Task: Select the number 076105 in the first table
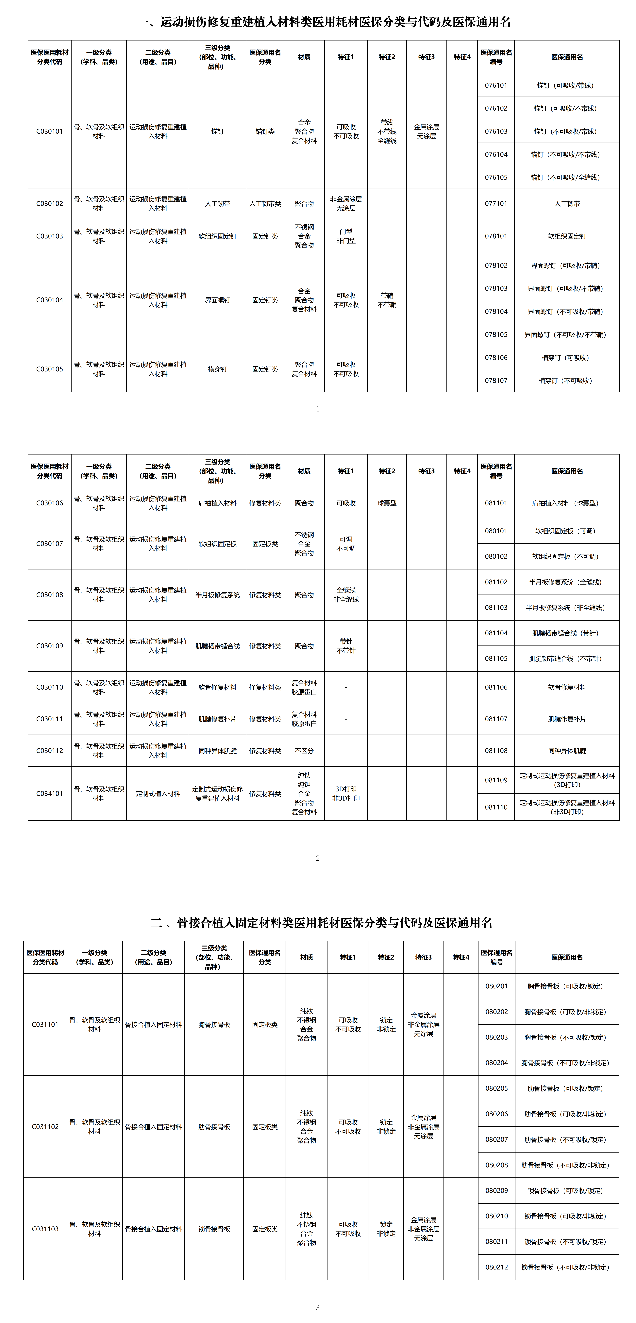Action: (x=496, y=177)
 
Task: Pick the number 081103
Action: (x=496, y=608)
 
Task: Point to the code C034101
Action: (x=49, y=793)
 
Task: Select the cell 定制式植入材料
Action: (x=158, y=793)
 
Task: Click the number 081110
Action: (x=496, y=807)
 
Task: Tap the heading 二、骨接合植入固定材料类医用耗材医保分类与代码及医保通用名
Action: (x=321, y=923)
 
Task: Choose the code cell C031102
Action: (x=45, y=1127)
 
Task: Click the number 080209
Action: (x=496, y=1190)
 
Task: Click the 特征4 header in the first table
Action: (x=462, y=57)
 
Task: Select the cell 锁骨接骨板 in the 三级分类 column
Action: (x=214, y=1229)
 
